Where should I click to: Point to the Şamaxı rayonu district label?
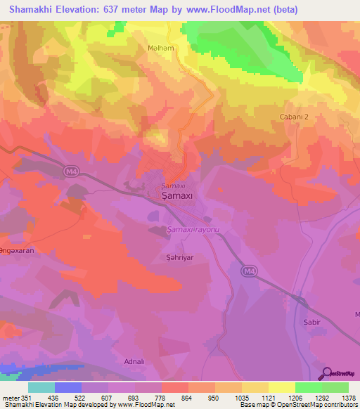[x=194, y=230]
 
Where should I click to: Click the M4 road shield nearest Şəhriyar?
[x=248, y=271]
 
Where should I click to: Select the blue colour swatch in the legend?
[x=68, y=387]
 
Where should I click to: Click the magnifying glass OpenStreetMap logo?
[x=326, y=373]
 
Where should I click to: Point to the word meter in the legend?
[x=11, y=398]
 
